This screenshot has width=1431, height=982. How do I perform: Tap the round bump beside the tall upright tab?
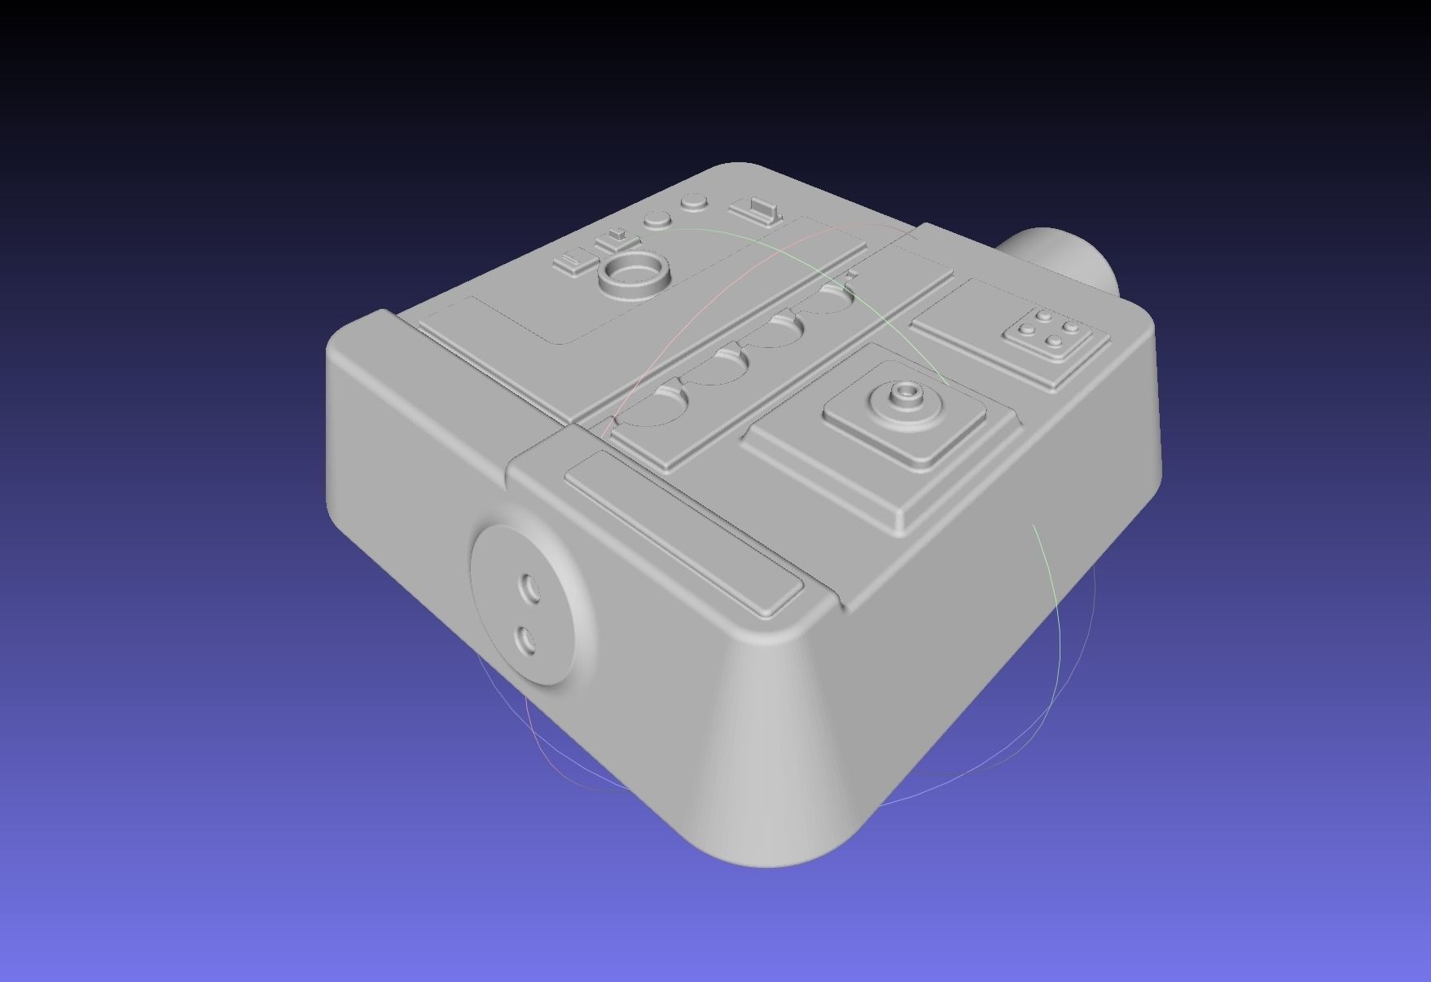tap(694, 200)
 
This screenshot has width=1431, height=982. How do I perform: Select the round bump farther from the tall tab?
tap(656, 219)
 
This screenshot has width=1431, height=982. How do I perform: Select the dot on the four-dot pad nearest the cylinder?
tap(1072, 328)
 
